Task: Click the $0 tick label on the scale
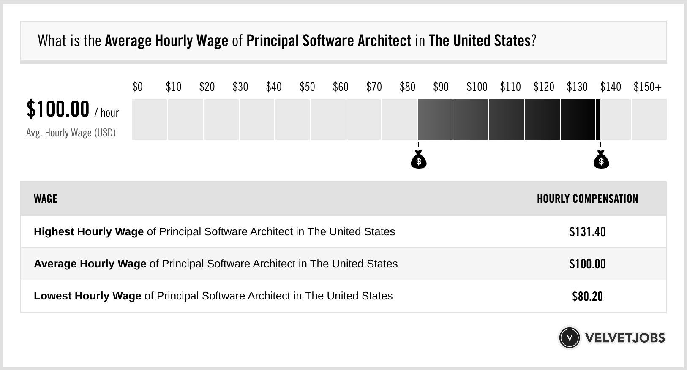137,87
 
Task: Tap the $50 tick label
307,87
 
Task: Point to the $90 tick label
441,87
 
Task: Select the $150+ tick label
647,87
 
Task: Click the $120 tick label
543,87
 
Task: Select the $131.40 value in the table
587,232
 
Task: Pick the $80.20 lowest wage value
587,296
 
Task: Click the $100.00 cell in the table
587,264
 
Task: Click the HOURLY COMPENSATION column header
587,199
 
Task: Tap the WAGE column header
46,199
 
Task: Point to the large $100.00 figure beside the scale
58,109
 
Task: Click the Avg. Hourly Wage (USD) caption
71,133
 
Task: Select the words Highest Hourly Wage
89,232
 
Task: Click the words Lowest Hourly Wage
87,296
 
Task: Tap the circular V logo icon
569,338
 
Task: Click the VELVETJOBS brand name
625,338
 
